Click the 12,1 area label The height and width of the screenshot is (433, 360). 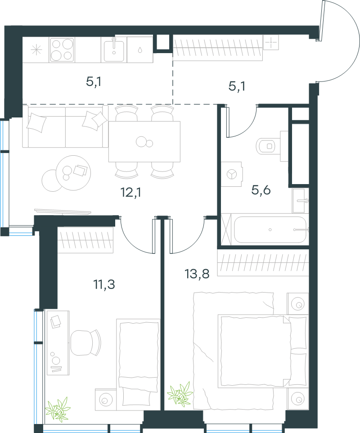pos(130,192)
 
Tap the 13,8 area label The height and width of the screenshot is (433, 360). pos(197,274)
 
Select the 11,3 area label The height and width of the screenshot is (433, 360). pos(104,284)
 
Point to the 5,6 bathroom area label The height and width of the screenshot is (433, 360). pos(261,190)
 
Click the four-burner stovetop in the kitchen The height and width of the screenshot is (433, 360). pos(62,50)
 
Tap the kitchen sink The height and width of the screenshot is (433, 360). pos(114,50)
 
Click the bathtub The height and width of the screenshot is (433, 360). pos(270,230)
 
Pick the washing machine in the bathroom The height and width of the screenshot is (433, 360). pos(232,174)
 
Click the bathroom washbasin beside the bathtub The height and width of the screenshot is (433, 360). pos(300,201)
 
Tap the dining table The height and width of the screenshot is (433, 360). pos(144,141)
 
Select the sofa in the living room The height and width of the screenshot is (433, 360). pos(65,126)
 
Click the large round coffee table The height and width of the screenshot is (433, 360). pos(73,173)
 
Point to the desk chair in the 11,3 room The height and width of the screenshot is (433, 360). pos(85,343)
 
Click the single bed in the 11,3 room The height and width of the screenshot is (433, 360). pos(138,365)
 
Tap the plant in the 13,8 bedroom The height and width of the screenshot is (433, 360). pos(180,394)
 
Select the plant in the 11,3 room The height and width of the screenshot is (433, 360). pos(58,410)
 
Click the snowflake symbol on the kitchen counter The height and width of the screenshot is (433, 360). pos(36,50)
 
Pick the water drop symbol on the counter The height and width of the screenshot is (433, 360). pos(140,50)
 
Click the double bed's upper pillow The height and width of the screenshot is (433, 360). pos(297,333)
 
